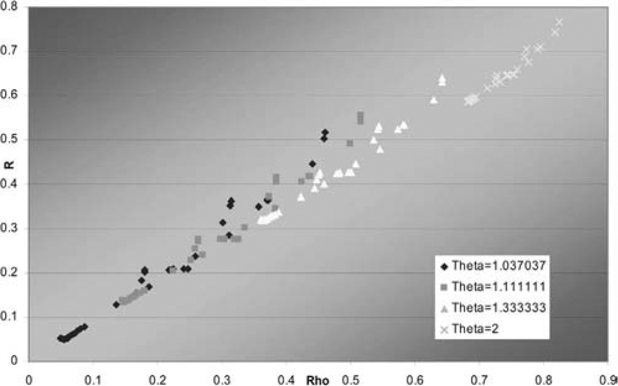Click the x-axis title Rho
point(314,376)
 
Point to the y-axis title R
point(7,183)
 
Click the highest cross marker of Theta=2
point(559,22)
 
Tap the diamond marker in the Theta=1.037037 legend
point(444,266)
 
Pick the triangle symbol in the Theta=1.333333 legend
point(444,308)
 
